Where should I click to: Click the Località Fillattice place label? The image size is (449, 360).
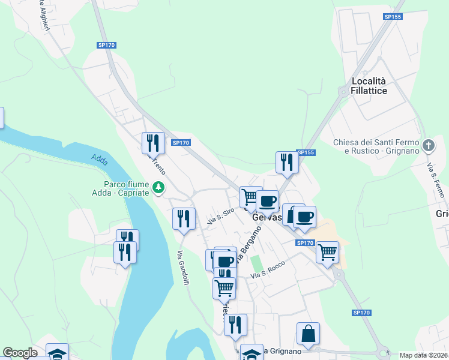(x=369, y=85)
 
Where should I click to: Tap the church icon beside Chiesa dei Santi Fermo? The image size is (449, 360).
(x=429, y=146)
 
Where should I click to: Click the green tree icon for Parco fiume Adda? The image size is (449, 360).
(x=158, y=188)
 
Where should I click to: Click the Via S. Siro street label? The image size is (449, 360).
(x=220, y=217)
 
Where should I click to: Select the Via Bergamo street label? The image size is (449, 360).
(x=249, y=247)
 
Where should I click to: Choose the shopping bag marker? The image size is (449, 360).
(x=308, y=333)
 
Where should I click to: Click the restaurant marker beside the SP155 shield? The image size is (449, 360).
(x=287, y=162)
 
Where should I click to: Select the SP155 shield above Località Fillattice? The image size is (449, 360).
(x=393, y=17)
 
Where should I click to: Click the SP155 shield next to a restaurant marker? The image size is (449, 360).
(x=306, y=152)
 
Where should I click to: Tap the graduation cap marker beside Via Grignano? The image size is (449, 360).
(x=252, y=353)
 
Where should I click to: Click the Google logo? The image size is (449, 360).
(x=20, y=353)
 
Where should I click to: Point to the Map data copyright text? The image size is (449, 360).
(x=424, y=355)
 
